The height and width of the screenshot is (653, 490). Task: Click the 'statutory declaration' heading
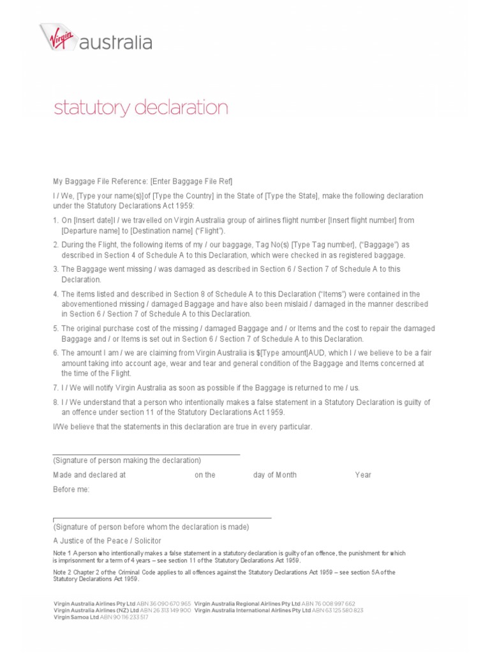coord(140,107)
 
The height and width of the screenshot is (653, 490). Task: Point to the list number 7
coord(56,388)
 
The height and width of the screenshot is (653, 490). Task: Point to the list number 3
coord(56,269)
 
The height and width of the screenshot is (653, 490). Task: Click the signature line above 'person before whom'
coord(162,518)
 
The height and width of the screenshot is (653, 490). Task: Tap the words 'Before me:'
coord(71,489)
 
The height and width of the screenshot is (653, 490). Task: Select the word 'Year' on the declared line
coord(363,475)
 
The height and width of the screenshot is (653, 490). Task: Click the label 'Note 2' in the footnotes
coord(62,572)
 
